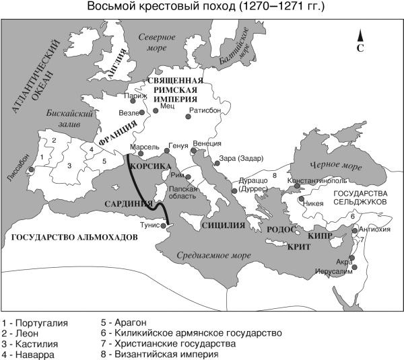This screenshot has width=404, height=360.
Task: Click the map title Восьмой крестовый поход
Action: [201, 7]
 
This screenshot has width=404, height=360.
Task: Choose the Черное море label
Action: [330, 164]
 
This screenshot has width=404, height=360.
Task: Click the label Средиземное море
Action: [209, 255]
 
